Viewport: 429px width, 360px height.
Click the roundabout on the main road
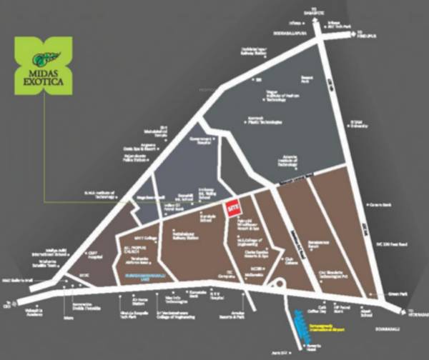(279, 288)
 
